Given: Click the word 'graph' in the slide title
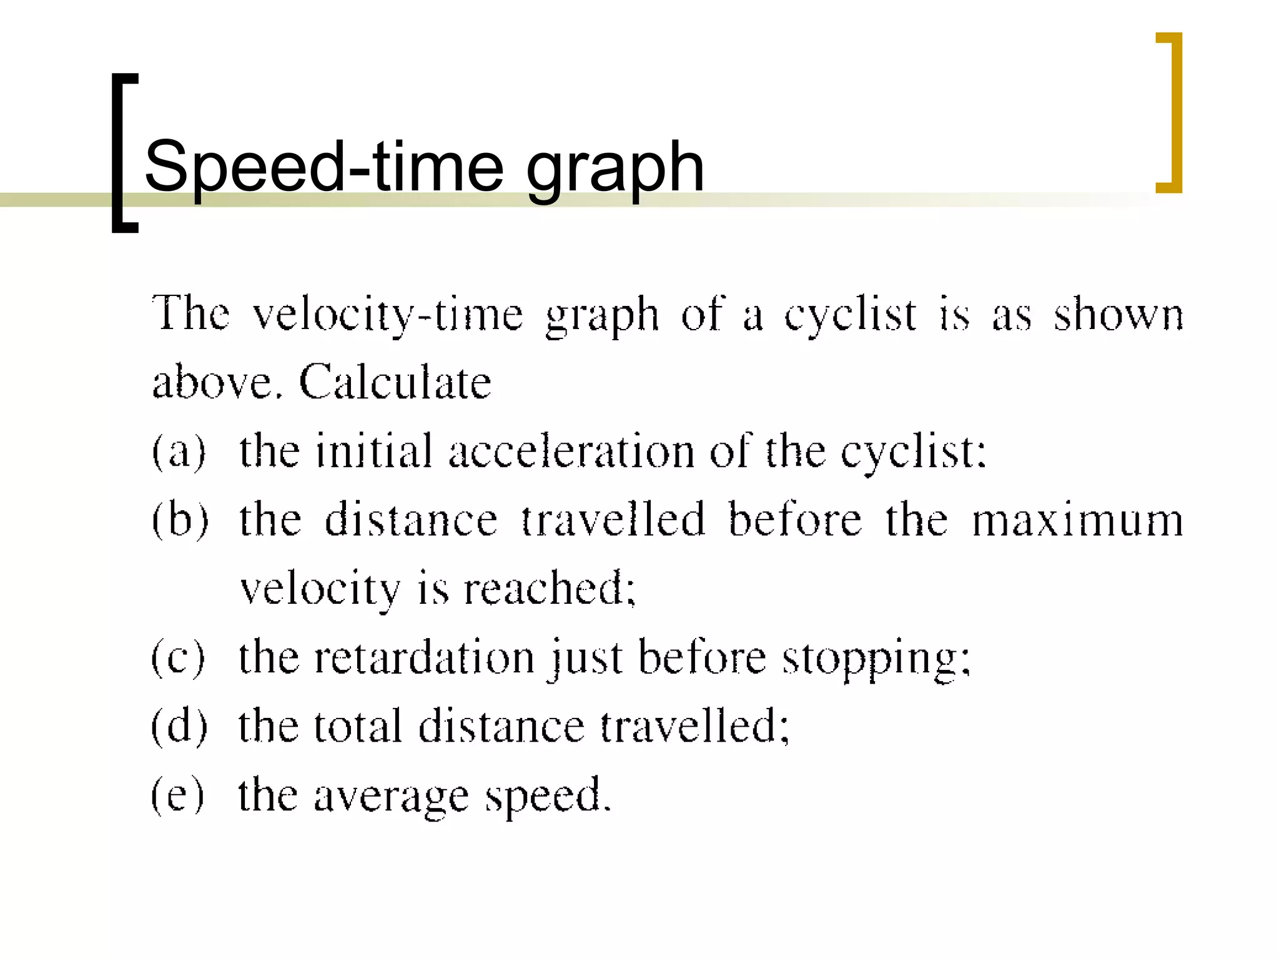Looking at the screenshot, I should coord(615,167).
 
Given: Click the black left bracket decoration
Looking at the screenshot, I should coord(124,153).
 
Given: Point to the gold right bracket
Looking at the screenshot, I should coord(1170,112).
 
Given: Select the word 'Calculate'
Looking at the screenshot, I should coord(395,381).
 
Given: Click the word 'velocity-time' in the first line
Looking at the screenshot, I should coord(387,314).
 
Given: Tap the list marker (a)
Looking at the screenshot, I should coord(179,450).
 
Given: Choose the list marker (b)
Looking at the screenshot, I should coord(180,519).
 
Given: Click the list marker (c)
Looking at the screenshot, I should coord(178,657).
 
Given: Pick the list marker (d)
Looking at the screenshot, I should coord(179,725).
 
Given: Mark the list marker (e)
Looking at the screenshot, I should coord(178,795).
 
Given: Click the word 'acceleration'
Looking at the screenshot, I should coord(571,450).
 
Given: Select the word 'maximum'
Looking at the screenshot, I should coord(1077,519).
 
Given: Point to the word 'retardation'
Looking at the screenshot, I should coord(424,657).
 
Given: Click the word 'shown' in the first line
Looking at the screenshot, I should coord(1119,314).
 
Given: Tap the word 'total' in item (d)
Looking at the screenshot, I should coord(358,725).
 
